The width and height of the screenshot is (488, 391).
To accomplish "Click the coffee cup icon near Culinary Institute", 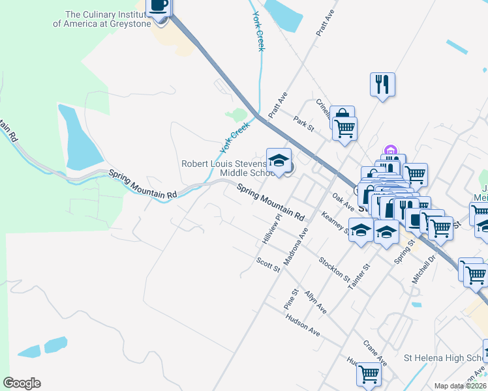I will pos(159,7).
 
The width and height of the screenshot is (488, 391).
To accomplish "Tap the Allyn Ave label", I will pos(314,302).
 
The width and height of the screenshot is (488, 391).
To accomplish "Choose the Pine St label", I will pos(290,299).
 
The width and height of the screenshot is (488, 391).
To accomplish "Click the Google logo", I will pos(22,383).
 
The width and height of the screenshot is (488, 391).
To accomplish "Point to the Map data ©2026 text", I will pos(461,386).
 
